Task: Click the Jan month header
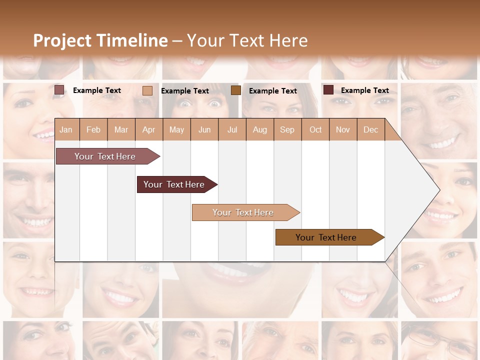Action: pos(66,130)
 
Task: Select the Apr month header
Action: pos(149,130)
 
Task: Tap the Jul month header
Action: pos(232,130)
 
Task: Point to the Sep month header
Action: pos(287,130)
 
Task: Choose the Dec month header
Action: pos(370,130)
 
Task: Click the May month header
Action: pos(176,130)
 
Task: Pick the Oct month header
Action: pos(315,130)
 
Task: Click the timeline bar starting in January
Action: pos(105,156)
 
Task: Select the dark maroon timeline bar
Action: pos(174,184)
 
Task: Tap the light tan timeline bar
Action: pos(243,212)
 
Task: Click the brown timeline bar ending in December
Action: pos(326,237)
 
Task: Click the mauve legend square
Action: pos(59,90)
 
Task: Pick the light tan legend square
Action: pos(147,90)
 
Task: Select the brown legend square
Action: pos(236,90)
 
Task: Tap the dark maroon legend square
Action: pos(328,90)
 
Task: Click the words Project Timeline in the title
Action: pos(100,40)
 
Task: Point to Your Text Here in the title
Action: pos(247,40)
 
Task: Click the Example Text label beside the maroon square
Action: pos(364,90)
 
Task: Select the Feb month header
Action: pos(93,130)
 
